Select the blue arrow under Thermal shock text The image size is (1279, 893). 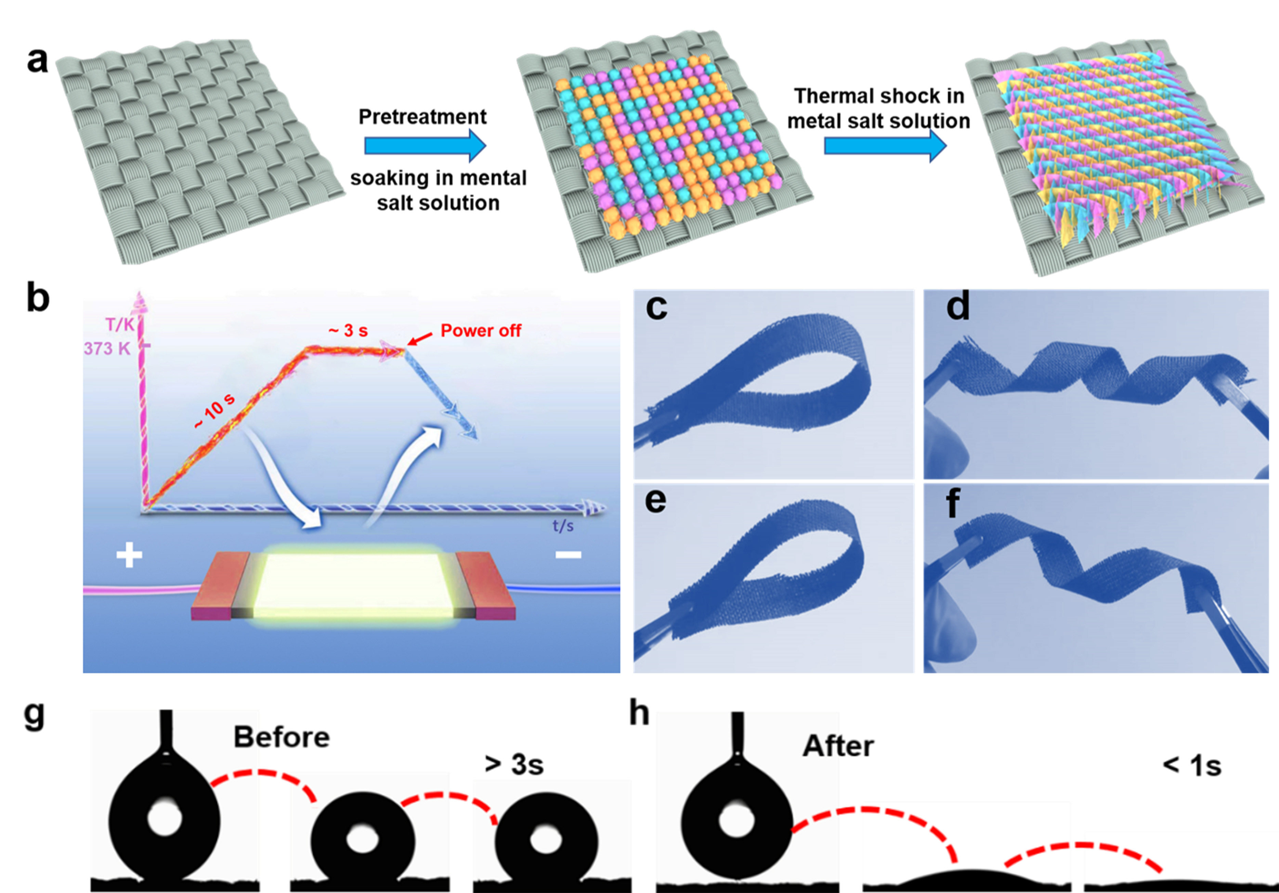tap(885, 146)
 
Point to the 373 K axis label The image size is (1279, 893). tap(107, 349)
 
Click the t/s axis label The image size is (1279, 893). tap(563, 525)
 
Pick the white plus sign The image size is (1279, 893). tap(129, 555)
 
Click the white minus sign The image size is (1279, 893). tap(568, 554)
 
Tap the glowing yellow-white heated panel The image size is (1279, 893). tap(354, 585)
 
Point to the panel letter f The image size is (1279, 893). tap(953, 503)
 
